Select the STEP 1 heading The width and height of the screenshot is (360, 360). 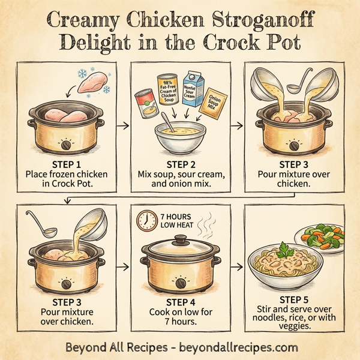pyautogui.click(x=62, y=163)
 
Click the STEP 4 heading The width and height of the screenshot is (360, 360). pyautogui.click(x=179, y=302)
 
